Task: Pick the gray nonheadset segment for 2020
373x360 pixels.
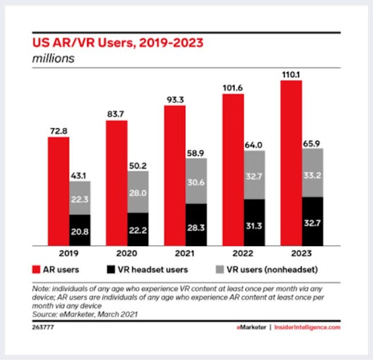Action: (138, 192)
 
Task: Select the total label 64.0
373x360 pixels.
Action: (255, 144)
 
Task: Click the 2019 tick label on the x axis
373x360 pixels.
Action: (69, 252)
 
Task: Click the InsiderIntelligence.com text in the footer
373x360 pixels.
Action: (308, 327)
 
